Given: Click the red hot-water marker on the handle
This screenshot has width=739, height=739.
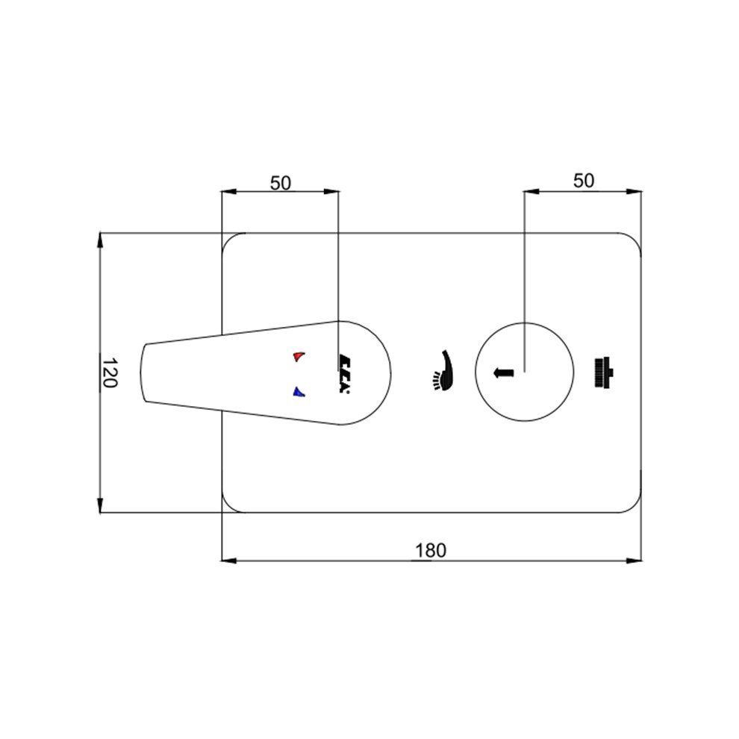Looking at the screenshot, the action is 298,356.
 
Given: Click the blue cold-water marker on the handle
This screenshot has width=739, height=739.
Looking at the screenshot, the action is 298,392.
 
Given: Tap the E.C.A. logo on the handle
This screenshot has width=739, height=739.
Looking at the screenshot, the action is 343,373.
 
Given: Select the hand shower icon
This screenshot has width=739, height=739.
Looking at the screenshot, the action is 442,370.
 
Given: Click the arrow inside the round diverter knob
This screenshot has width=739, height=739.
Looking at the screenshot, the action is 503,372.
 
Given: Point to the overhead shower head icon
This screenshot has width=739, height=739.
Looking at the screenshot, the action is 603,372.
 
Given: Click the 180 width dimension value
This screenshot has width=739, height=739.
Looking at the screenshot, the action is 430,550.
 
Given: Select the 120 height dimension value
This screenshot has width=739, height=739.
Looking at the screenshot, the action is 109,372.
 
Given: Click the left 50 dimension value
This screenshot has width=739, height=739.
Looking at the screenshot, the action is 281,183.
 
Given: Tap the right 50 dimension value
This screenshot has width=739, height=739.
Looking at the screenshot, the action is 584,181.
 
